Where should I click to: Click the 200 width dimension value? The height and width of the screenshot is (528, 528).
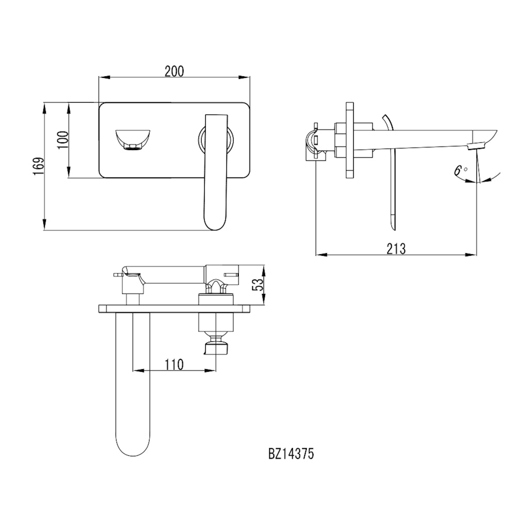pos(174,71)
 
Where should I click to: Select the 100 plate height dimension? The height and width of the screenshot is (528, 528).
pos(63,140)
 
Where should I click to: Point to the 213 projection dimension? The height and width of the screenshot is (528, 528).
pos(396,248)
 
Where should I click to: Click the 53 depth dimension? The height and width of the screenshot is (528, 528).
pos(258,285)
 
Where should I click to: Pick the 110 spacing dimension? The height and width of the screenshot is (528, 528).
pos(174,365)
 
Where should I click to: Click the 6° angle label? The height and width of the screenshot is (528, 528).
pos(461,171)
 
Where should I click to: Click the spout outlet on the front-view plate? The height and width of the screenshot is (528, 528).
pos(132,139)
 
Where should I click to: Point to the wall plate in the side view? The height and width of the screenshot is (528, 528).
pos(350,140)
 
